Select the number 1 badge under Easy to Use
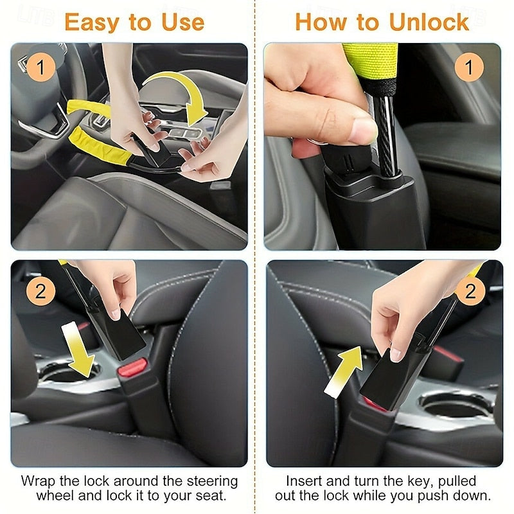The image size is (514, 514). pos(40,67)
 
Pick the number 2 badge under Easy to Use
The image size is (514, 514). pos(40,292)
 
